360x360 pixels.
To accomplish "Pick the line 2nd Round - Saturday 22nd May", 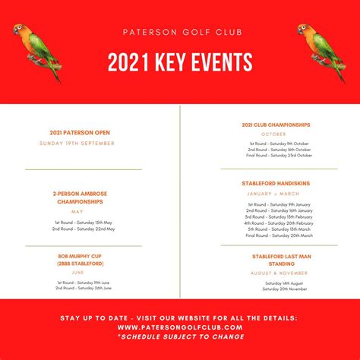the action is (84, 228).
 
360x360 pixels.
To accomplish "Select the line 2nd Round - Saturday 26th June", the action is (83, 289).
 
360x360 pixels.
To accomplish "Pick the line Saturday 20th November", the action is (285, 289).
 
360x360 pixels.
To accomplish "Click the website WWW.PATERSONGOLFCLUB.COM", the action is (181, 327).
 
